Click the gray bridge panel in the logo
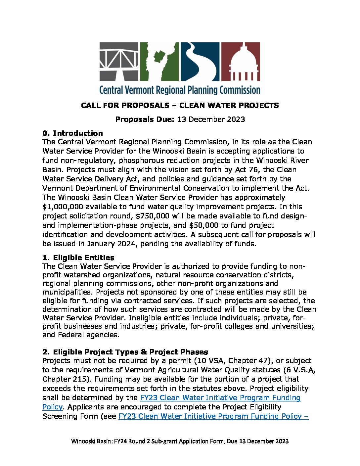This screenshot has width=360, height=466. [x=119, y=62]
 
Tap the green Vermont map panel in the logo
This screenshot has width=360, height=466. [x=159, y=62]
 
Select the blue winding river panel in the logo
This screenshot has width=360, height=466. [x=200, y=62]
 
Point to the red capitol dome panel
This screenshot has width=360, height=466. [x=241, y=62]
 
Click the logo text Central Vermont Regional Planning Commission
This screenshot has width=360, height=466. [x=180, y=90]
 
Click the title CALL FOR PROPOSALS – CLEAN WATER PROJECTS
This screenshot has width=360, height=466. [x=180, y=106]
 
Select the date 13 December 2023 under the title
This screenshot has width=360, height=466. [x=211, y=119]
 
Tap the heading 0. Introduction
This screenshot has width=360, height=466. [x=72, y=133]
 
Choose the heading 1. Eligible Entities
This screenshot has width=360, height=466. [x=78, y=257]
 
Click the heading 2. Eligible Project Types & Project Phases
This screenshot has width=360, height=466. [x=125, y=351]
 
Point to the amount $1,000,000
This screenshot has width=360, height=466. [x=64, y=207]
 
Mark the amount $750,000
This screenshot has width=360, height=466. [x=153, y=216]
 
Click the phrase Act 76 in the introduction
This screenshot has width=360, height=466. [x=246, y=170]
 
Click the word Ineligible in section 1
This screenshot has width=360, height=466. [x=146, y=318]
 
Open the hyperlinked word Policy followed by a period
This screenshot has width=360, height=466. [x=52, y=407]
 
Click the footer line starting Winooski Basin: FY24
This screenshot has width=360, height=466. [x=180, y=441]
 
